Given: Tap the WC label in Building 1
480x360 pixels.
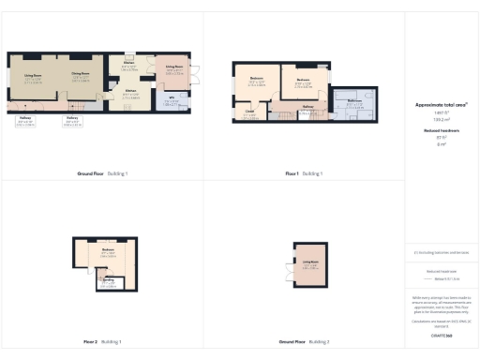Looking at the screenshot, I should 172,100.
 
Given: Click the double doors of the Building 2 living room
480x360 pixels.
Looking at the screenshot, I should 288,275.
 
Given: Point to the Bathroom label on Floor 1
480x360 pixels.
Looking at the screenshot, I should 354,101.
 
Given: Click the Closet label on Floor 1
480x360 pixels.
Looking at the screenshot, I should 249,113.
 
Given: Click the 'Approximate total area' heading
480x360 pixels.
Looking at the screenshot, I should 441,110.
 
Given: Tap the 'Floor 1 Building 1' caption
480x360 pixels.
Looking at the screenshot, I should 302,174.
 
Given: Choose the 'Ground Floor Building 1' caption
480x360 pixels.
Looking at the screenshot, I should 103,174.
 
